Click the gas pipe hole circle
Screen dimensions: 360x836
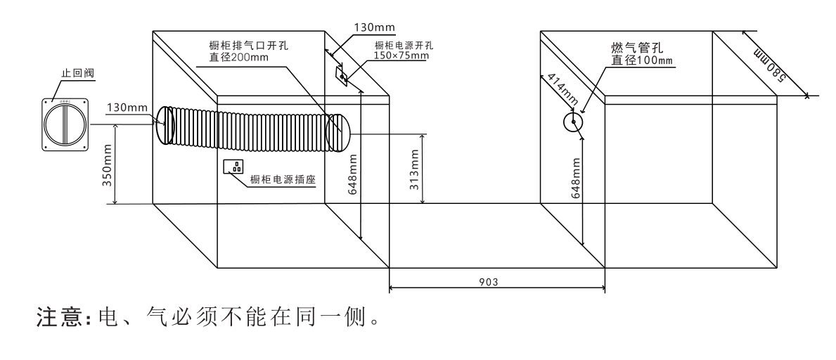pos(574,122)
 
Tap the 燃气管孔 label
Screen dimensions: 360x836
pos(636,48)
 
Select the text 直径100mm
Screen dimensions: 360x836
pos(641,61)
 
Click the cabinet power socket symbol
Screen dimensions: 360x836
pos(233,167)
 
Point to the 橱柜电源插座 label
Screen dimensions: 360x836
pos(282,179)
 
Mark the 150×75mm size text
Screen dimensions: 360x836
pos(401,56)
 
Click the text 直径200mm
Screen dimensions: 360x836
pos(238,57)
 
